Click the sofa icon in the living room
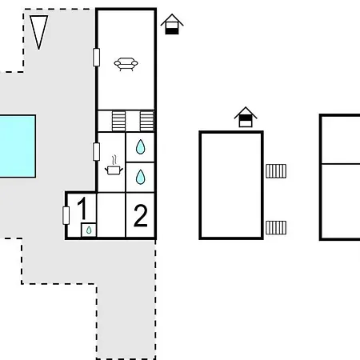pyautogui.click(x=126, y=64)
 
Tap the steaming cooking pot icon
pyautogui.click(x=114, y=166)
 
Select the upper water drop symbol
pyautogui.click(x=140, y=147)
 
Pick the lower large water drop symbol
pyautogui.click(x=140, y=177)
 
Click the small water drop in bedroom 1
pyautogui.click(x=89, y=230)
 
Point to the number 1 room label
pyautogui.click(x=82, y=208)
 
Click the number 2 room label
pyautogui.click(x=140, y=215)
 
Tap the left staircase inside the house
pyautogui.click(x=118, y=121)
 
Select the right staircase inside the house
pyautogui.click(x=147, y=121)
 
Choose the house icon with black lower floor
pyautogui.click(x=172, y=24)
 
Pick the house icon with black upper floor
pyautogui.click(x=246, y=117)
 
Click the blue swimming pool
pyautogui.click(x=18, y=146)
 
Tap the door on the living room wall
pyautogui.click(x=96, y=57)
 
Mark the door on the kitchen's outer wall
pyautogui.click(x=96, y=152)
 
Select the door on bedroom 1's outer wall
pyautogui.click(x=66, y=215)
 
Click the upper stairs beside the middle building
pyautogui.click(x=276, y=171)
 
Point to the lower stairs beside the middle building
pyautogui.click(x=276, y=228)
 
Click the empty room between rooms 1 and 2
pyautogui.click(x=111, y=214)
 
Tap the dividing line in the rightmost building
pyautogui.click(x=341, y=164)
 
